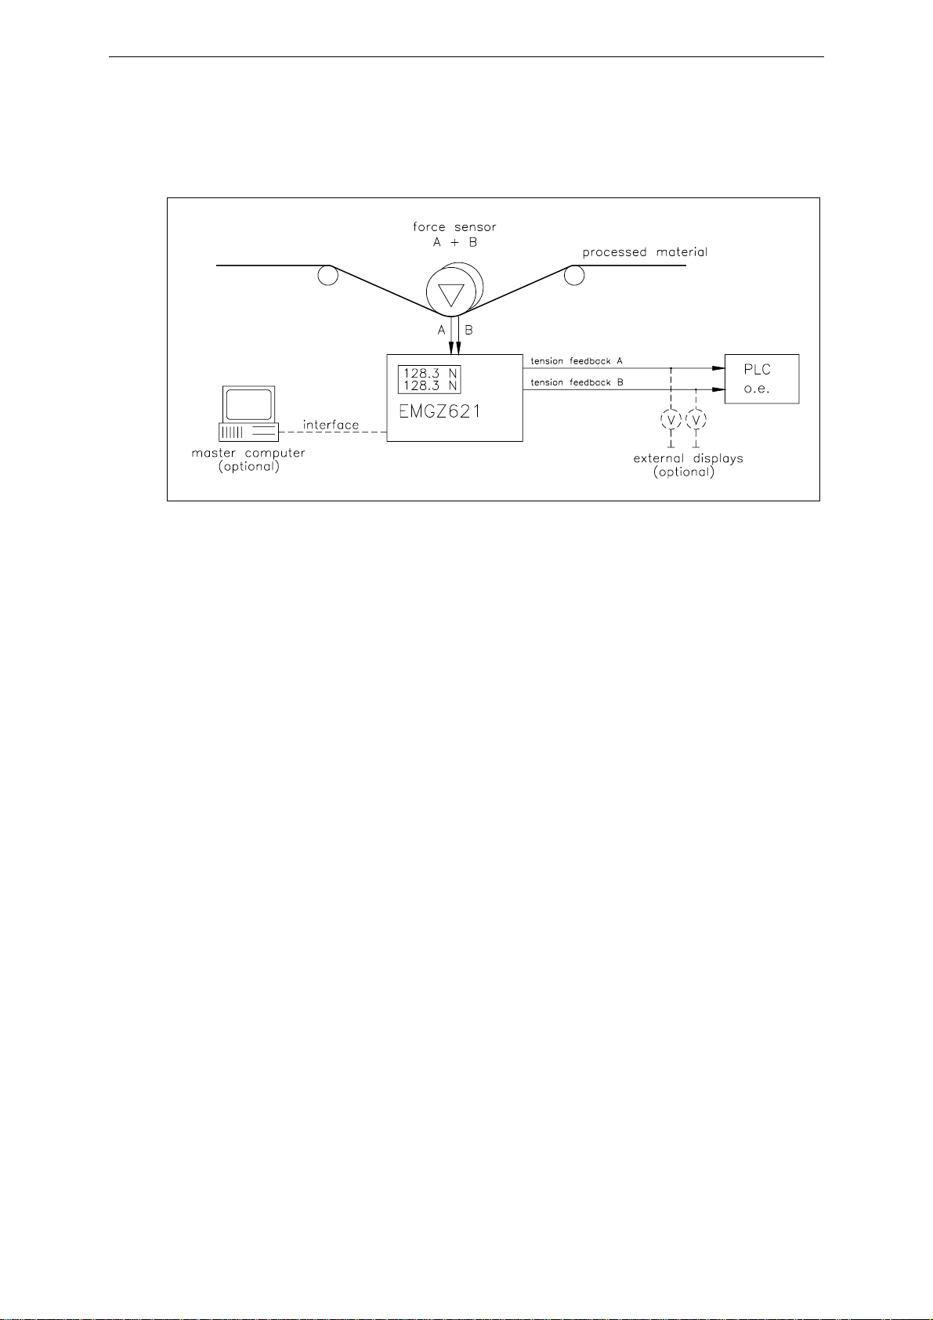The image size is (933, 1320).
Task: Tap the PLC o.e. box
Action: pyautogui.click(x=761, y=379)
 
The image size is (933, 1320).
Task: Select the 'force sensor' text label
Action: pyautogui.click(x=454, y=227)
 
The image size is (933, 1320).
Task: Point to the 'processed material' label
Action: pyautogui.click(x=645, y=252)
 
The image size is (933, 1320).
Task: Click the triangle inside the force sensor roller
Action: pyautogui.click(x=450, y=295)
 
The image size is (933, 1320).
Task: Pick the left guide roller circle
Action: pyautogui.click(x=327, y=275)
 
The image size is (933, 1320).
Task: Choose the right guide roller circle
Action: pyautogui.click(x=574, y=275)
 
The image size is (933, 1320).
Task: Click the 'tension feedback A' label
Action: pyautogui.click(x=577, y=361)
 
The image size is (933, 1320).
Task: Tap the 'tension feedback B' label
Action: pyautogui.click(x=577, y=382)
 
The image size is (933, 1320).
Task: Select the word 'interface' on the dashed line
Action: pyautogui.click(x=331, y=425)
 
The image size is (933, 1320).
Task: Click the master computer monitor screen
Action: pyautogui.click(x=248, y=404)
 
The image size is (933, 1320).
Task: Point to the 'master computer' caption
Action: pyautogui.click(x=248, y=453)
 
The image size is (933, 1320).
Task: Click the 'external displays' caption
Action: pyautogui.click(x=688, y=458)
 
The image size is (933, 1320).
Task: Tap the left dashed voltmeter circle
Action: pyautogui.click(x=671, y=421)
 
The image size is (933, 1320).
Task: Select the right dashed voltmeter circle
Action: pyautogui.click(x=696, y=421)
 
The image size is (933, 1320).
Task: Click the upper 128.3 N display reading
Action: pyautogui.click(x=430, y=373)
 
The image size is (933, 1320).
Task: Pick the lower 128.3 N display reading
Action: pyautogui.click(x=430, y=385)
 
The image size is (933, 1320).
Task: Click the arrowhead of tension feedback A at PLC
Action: pyautogui.click(x=717, y=367)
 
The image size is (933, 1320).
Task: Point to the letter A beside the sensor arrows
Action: pyautogui.click(x=441, y=331)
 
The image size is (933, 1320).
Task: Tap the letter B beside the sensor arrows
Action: pyautogui.click(x=468, y=331)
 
